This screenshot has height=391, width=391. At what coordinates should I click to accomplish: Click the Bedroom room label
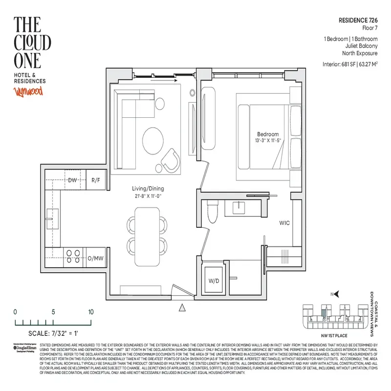268,134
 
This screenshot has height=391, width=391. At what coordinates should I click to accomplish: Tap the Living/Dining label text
148,189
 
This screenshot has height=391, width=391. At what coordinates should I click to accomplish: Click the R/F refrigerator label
96,180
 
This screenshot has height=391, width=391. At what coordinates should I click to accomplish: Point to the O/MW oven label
95,258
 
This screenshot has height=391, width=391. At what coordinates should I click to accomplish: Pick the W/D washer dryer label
214,281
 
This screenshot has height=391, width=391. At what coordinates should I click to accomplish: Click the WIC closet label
284,223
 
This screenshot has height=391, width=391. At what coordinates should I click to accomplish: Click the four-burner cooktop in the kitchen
73,256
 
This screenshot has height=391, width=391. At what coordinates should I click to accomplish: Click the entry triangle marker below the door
183,307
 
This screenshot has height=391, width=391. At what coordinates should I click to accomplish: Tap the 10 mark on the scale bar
91,312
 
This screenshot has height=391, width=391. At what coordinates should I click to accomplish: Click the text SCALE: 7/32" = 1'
49,334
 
